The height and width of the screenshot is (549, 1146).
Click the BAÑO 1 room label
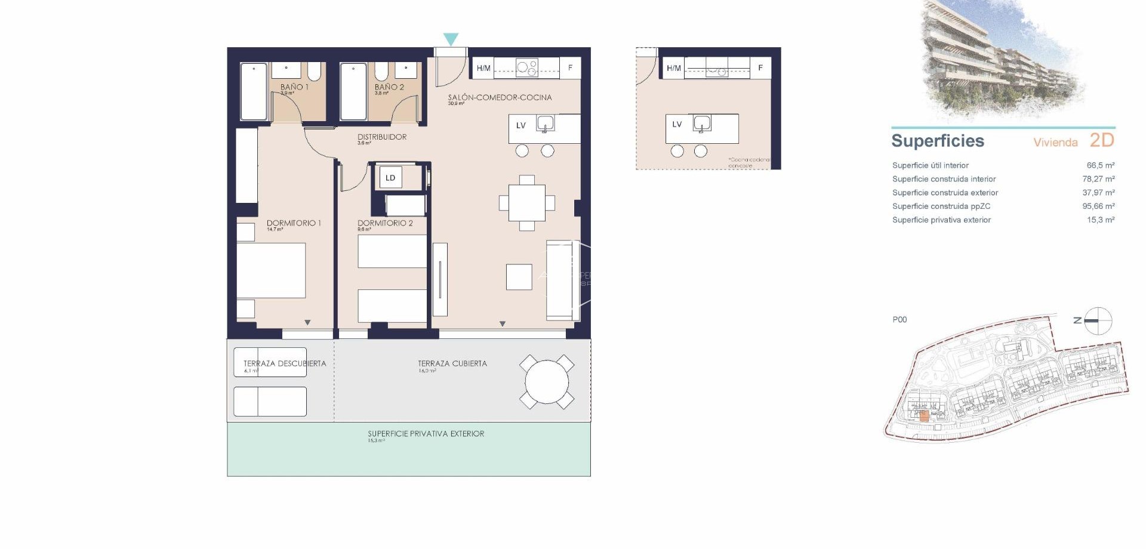pos(294,87)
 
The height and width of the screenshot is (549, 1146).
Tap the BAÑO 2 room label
pos(389,87)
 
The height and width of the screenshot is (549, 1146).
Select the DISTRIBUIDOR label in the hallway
pos(382,137)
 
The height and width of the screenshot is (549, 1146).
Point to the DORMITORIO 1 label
pos(294,223)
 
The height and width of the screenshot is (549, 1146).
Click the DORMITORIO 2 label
pos(385,223)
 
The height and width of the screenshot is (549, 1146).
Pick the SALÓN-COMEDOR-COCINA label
pos(500,97)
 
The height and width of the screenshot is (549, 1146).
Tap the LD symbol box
pos(390,178)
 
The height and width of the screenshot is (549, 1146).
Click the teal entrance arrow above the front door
pos(451,39)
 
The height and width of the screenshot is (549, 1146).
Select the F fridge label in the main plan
pos(570,68)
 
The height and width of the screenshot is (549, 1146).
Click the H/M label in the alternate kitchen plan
pos(674,68)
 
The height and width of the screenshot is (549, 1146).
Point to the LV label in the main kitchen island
pos(521,126)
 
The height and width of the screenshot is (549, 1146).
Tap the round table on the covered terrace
pos(547,382)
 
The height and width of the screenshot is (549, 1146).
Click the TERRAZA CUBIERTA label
pos(452,363)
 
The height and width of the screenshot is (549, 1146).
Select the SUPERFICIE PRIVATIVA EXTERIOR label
pos(426,434)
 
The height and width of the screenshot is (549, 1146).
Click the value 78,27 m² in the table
pos(1098,179)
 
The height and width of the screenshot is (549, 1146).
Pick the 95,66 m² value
pos(1098,206)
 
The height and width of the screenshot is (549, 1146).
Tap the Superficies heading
pos(937,141)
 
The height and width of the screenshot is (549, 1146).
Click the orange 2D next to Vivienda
pos(1102,140)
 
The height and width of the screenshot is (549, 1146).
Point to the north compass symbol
pos(1098,321)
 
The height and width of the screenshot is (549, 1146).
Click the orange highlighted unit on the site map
pos(924,417)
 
